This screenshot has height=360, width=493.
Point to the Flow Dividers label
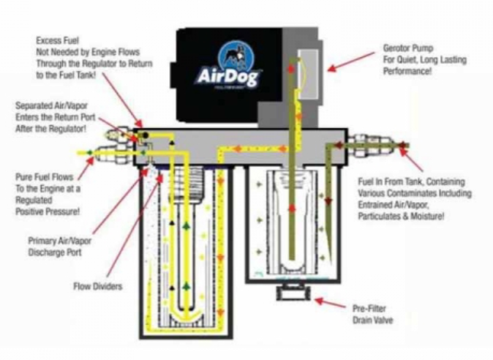(x=94, y=286)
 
